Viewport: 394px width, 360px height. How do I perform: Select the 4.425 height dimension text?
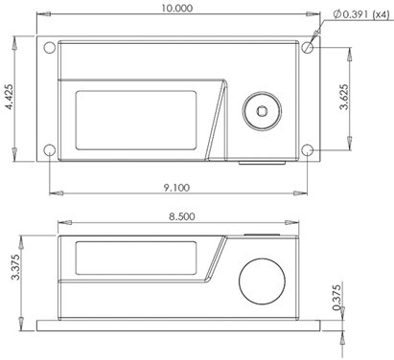[9, 99]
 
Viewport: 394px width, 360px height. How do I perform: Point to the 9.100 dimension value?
[177, 189]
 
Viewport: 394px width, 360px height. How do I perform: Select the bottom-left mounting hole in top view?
[49, 150]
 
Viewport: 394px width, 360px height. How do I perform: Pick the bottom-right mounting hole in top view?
[306, 150]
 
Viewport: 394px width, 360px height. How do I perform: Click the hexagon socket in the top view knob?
[263, 111]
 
